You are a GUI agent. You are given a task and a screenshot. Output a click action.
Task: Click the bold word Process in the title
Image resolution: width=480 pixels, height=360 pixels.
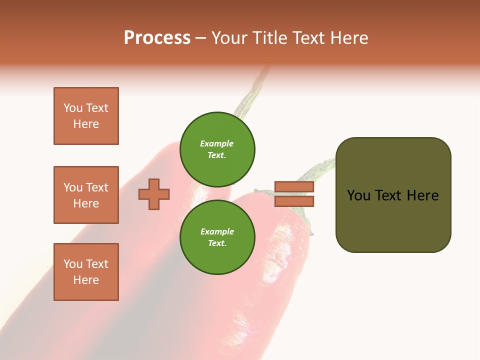(157, 38)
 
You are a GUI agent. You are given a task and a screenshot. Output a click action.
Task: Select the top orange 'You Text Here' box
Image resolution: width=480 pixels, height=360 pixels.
(86, 116)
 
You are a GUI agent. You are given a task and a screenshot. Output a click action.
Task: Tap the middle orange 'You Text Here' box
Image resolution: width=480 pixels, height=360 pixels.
(86, 195)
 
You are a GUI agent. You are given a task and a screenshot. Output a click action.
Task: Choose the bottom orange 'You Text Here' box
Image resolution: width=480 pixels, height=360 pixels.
(86, 272)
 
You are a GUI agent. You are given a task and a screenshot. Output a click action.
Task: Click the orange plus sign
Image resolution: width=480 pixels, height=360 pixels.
(154, 194)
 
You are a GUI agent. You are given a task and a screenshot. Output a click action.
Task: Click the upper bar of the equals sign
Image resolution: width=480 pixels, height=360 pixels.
(294, 187)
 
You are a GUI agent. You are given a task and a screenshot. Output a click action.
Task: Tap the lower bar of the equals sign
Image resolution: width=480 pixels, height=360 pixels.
(294, 201)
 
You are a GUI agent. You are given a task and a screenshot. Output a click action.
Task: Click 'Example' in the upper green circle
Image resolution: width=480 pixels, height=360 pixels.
(217, 143)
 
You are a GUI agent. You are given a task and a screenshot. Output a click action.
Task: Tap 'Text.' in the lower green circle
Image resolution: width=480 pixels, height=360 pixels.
(217, 243)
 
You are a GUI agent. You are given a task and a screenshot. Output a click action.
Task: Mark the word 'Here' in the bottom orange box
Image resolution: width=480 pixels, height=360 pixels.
(86, 280)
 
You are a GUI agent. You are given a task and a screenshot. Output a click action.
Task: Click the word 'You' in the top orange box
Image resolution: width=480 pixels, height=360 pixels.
(73, 108)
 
